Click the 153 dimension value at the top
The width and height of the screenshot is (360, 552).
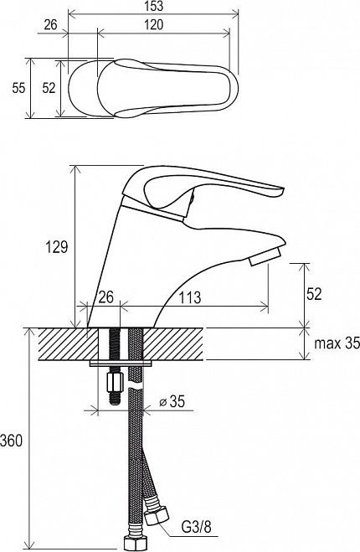point(154,6)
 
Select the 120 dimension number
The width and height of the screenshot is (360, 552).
point(154,24)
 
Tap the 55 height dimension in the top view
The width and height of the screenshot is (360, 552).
point(18,88)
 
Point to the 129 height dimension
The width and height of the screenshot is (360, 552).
point(57,246)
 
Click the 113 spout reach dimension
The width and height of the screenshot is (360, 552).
point(190,298)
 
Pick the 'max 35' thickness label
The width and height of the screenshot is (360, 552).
point(337,343)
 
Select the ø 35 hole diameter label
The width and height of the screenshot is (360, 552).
point(172,401)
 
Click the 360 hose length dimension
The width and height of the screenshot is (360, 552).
point(11,441)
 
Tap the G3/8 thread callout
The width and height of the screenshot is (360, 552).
point(197,528)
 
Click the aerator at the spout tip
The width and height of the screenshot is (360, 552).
point(264,257)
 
